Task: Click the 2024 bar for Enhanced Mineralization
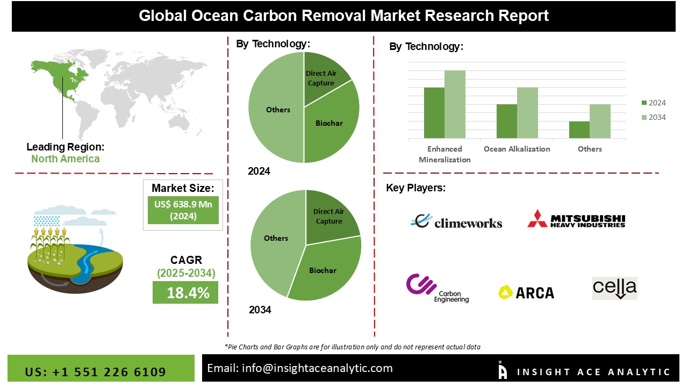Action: (x=434, y=113)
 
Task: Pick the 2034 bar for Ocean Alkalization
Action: (x=527, y=113)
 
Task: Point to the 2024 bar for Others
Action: (x=579, y=130)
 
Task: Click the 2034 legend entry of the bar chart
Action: (x=654, y=117)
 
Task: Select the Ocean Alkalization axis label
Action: (x=517, y=149)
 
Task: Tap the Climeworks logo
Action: (x=456, y=221)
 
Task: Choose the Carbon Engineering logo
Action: (x=438, y=288)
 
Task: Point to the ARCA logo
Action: (x=526, y=292)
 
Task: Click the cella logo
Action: (x=614, y=288)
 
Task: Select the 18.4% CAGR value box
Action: (x=185, y=293)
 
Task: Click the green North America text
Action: (x=65, y=159)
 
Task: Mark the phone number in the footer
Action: (x=96, y=372)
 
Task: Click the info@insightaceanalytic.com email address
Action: (x=300, y=368)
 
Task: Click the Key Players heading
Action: (x=415, y=188)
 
